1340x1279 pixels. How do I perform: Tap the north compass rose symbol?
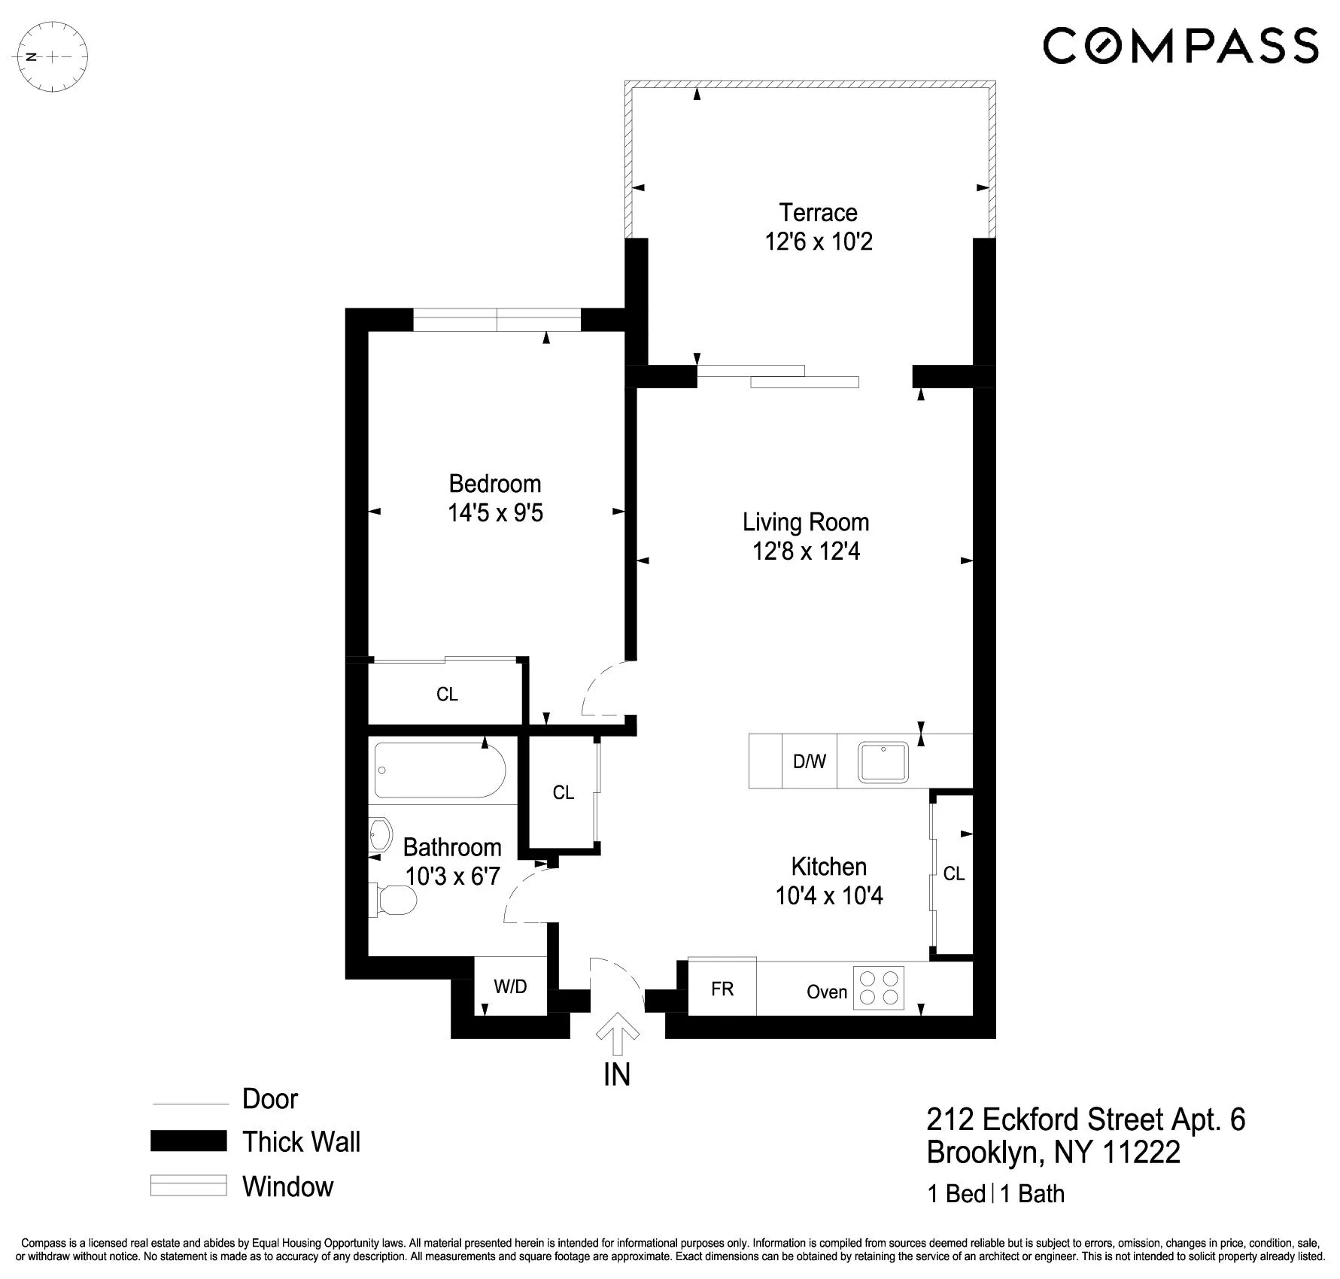[x=53, y=56]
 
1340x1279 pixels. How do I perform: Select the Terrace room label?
[x=818, y=213]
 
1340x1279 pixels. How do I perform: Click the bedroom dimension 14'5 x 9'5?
[x=495, y=513]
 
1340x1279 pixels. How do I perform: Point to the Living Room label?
[x=805, y=522]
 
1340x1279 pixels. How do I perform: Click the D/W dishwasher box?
[x=809, y=761]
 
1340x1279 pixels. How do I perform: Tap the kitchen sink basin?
[x=884, y=761]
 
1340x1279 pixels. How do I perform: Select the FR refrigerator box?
[x=722, y=989]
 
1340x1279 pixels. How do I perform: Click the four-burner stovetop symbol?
[x=880, y=988]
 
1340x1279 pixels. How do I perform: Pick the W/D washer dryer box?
[x=510, y=986]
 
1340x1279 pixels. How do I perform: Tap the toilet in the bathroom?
[x=394, y=901]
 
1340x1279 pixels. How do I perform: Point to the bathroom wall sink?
[x=381, y=834]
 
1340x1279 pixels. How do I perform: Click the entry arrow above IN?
[x=618, y=1034]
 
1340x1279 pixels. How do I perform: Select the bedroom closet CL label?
[x=447, y=694]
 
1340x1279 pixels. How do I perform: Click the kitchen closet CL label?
[x=953, y=873]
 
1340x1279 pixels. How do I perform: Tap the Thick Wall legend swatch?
[x=188, y=1141]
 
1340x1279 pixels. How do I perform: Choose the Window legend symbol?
[x=188, y=1186]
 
